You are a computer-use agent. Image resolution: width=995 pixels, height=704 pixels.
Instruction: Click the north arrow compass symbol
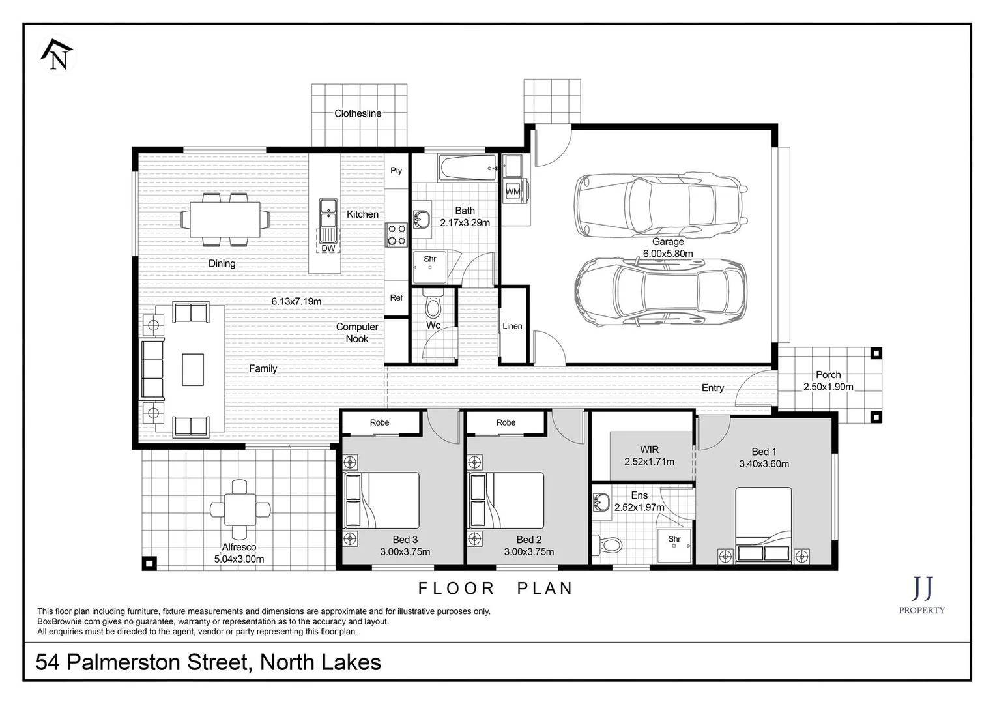pos(57,55)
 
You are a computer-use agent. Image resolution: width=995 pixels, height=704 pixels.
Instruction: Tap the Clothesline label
pos(358,113)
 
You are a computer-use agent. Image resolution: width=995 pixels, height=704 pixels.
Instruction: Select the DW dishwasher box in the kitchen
pos(328,248)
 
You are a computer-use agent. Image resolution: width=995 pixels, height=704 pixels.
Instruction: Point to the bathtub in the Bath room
pos(468,168)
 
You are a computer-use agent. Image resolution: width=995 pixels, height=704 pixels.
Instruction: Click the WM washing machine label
pos(513,192)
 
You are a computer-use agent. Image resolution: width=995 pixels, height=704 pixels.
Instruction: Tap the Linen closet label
pos(512,326)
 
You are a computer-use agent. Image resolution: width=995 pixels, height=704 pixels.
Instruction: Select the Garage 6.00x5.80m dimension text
pos(668,254)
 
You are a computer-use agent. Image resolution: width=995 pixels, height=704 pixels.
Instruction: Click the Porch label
pos(828,375)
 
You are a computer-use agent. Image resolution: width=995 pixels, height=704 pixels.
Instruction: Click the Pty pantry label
pos(396,171)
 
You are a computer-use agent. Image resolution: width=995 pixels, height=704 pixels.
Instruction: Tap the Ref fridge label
pos(396,297)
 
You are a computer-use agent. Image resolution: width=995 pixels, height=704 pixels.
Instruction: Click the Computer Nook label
pos(357,332)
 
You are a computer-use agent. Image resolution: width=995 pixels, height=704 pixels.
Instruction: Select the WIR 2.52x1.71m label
pos(649,456)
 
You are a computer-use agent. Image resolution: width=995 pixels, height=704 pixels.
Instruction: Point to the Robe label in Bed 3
pos(379,422)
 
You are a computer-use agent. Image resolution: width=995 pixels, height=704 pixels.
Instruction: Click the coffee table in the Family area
pos(192,369)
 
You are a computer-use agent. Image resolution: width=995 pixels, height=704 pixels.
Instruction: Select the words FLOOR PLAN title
pos(495,589)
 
